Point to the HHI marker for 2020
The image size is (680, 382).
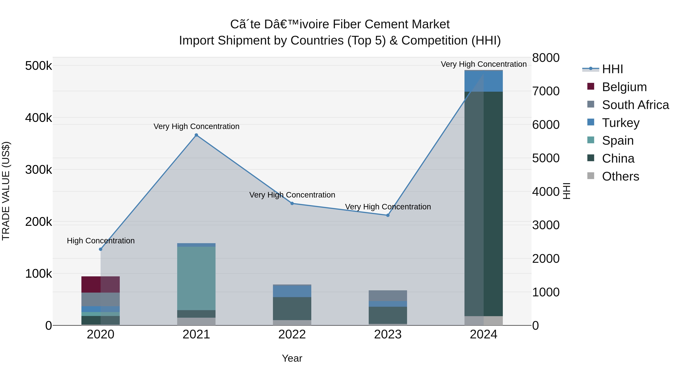(x=100, y=249)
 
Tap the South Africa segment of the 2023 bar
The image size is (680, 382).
(x=388, y=296)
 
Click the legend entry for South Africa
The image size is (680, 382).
(x=635, y=105)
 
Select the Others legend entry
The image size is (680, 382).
(x=620, y=176)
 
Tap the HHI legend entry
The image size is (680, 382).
(x=612, y=69)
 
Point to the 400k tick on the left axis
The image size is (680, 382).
(x=39, y=118)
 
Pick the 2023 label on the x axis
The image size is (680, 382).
(x=388, y=334)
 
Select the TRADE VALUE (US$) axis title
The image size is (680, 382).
(x=6, y=191)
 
